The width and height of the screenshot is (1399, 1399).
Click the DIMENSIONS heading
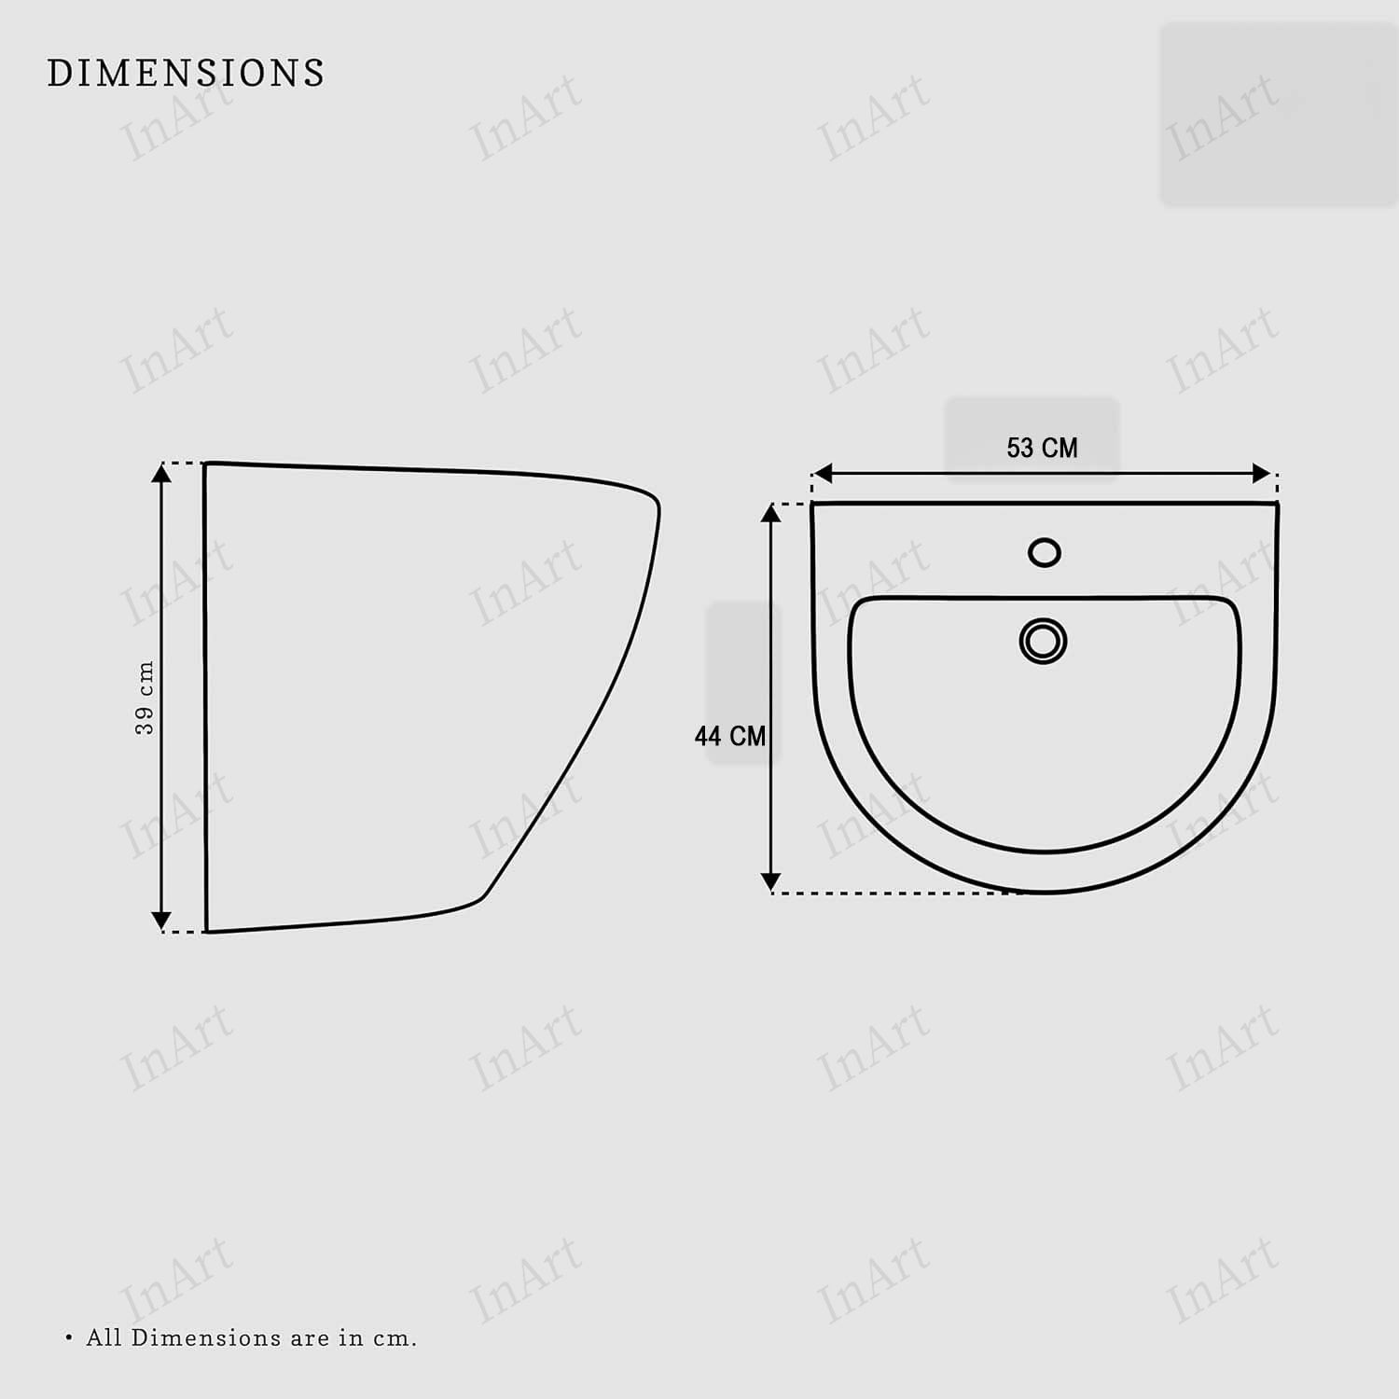coord(186,73)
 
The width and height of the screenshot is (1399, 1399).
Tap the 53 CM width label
coord(1042,449)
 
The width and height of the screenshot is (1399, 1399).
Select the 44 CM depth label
coord(730,737)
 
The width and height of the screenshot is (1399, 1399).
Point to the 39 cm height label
coord(145,698)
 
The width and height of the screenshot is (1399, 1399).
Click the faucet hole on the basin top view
coord(1045,552)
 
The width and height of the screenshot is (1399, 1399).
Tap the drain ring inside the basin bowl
coord(1043,642)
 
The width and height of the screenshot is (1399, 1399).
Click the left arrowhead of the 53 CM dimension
coord(823,474)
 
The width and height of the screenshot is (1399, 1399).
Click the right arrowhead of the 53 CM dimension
coord(1261,474)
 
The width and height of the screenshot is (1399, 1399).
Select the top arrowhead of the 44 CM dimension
coord(770,513)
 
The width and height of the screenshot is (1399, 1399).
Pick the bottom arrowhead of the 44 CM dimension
coord(770,881)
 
